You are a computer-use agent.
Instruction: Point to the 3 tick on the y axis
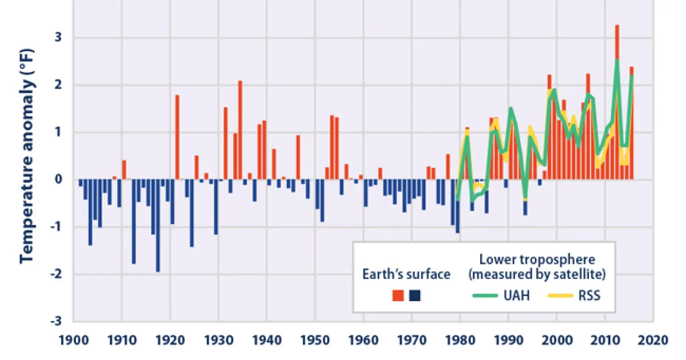[x=58, y=38]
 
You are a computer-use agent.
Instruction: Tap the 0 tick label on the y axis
[x=58, y=179]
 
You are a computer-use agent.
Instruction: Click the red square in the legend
[x=398, y=295]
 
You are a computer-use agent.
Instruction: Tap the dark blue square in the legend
[x=415, y=295]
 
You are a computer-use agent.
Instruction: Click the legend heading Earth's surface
[x=406, y=274]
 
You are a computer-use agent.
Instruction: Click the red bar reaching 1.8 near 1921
[x=177, y=137]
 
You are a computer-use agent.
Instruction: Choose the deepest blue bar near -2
[x=158, y=226]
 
